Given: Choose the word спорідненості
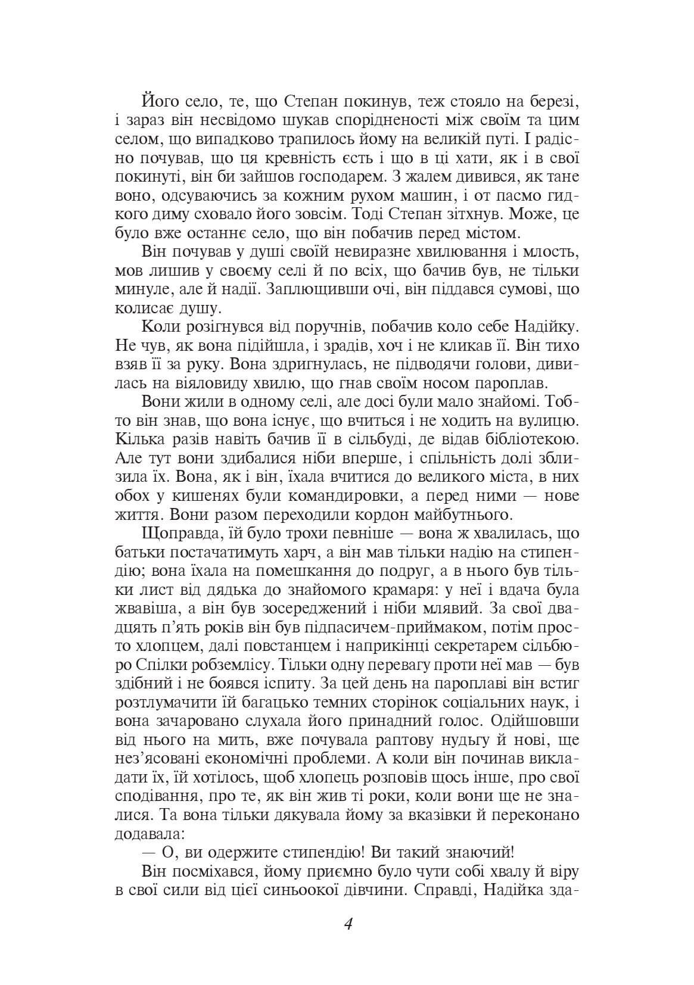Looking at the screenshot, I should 394,120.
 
